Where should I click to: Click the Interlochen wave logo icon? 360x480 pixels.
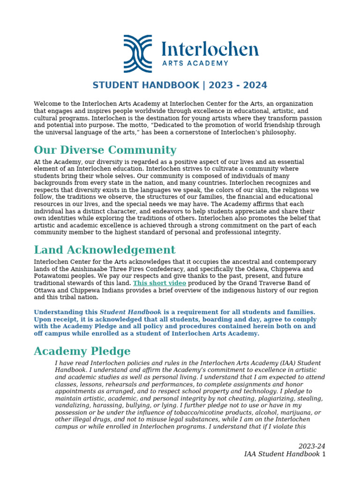click(138, 54)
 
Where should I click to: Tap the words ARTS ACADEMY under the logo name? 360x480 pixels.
click(195, 63)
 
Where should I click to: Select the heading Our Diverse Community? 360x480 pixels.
click(105, 150)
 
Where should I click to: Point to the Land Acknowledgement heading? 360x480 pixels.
click(105, 250)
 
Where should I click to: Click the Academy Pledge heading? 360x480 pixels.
click(82, 351)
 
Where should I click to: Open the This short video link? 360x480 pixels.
click(159, 283)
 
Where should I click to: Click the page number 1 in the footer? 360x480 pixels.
click(323, 454)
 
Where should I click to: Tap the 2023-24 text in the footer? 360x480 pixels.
click(312, 446)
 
